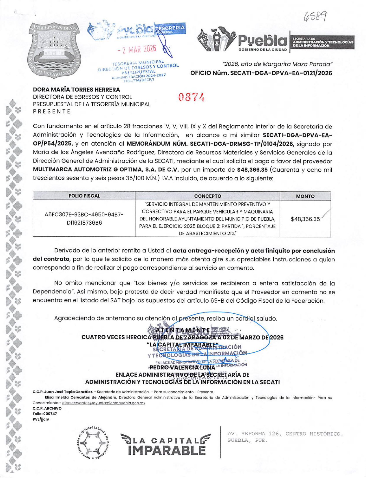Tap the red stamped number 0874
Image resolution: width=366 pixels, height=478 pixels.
pos(191,97)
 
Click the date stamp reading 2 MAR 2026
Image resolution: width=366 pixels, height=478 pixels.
pos(137,49)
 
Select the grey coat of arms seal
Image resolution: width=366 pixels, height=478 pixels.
pos(55,50)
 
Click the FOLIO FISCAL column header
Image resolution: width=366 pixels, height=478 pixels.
pos(84,196)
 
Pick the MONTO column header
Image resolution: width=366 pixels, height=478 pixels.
pos(305,196)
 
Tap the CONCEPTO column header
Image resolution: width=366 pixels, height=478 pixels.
pos(207,196)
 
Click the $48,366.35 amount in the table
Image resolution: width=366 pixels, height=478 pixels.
pos(305,219)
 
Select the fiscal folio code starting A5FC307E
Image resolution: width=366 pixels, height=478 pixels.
pos(84,219)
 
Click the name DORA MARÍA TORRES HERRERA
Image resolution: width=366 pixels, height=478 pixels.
pos(76,90)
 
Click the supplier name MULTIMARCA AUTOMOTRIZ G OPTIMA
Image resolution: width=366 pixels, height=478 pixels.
pos(106,170)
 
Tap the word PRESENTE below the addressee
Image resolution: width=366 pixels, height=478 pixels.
pos(51,111)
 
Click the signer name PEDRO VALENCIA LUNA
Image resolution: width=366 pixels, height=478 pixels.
pos(182,367)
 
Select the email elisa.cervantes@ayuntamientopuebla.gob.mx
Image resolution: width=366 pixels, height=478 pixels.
pos(103,403)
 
